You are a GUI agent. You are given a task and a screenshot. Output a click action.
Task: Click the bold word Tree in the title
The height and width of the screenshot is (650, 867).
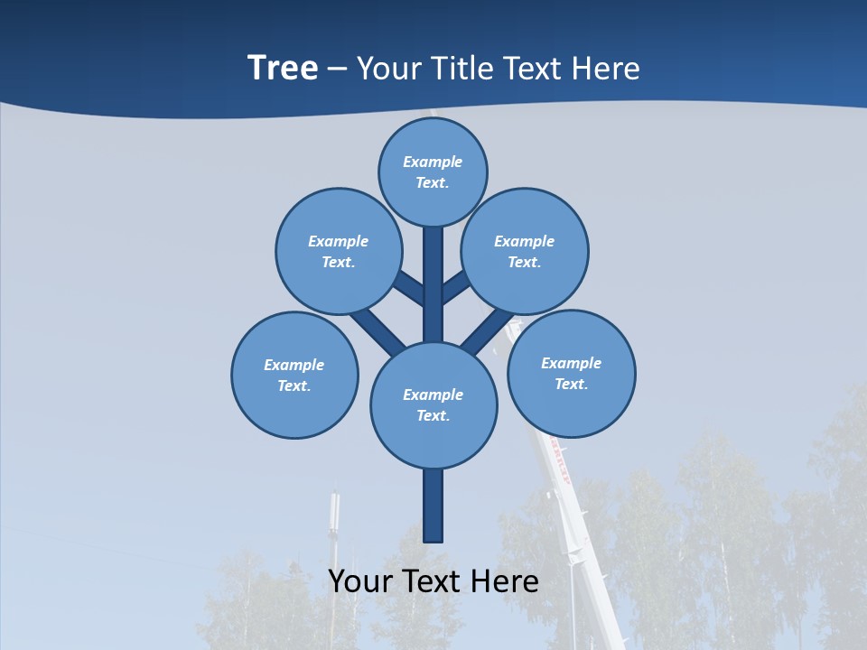coord(283,69)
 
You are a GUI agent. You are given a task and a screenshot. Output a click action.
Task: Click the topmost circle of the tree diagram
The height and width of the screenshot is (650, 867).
coord(433,172)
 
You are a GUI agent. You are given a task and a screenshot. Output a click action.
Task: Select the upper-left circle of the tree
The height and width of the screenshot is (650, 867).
coord(338,251)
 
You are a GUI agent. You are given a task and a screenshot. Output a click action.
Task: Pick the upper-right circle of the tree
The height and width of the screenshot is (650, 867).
coord(525,251)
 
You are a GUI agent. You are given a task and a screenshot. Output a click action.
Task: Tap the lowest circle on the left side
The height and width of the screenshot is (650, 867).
coord(294,375)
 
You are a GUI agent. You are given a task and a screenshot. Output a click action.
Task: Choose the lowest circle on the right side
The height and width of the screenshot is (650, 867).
coord(571,373)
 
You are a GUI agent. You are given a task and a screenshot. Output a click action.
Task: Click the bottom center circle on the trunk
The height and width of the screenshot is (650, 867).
coord(433,404)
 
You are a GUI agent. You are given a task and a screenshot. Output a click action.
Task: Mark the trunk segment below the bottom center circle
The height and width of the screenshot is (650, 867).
coord(433,506)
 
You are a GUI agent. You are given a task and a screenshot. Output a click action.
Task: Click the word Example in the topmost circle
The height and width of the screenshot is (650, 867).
coord(433,162)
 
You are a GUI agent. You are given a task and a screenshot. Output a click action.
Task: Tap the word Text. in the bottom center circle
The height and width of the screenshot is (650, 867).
coord(433,416)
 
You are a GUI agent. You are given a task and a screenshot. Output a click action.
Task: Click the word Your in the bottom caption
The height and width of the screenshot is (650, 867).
coord(360,581)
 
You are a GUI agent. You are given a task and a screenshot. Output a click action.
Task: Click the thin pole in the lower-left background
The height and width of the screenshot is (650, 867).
coord(333,533)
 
